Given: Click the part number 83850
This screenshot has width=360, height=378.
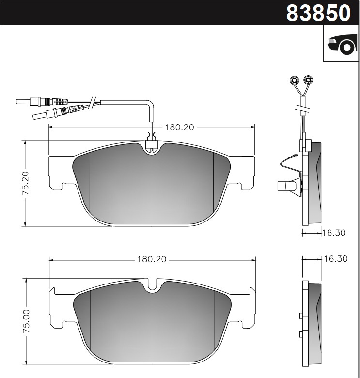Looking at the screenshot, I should [318, 13].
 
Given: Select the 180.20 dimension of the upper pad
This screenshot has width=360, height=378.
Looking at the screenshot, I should [179, 127].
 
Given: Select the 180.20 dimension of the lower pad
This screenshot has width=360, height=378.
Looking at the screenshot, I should [151, 259].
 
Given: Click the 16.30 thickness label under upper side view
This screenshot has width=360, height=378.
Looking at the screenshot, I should [334, 233].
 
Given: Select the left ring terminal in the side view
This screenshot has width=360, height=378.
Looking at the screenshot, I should [293, 80].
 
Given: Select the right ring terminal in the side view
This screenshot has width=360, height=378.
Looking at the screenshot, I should [308, 80].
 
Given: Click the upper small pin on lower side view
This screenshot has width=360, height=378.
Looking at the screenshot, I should [301, 316].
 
